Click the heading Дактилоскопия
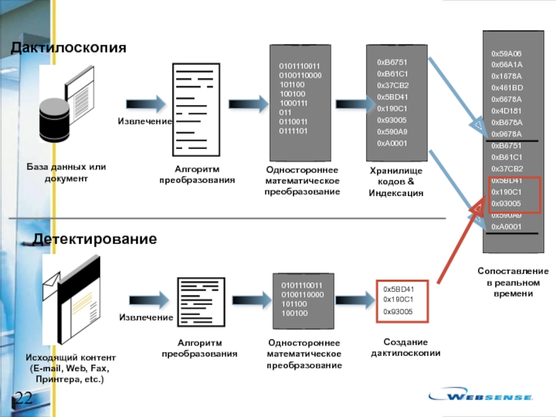coord(67,48)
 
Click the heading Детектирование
coord(95,239)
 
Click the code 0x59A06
coord(506,54)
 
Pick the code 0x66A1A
coord(507,65)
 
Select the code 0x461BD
coord(507,88)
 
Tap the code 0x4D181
coord(507,111)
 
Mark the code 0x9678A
coord(507,134)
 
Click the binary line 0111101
coord(293,131)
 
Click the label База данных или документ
coord(66,173)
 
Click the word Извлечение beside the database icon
coord(145,122)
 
